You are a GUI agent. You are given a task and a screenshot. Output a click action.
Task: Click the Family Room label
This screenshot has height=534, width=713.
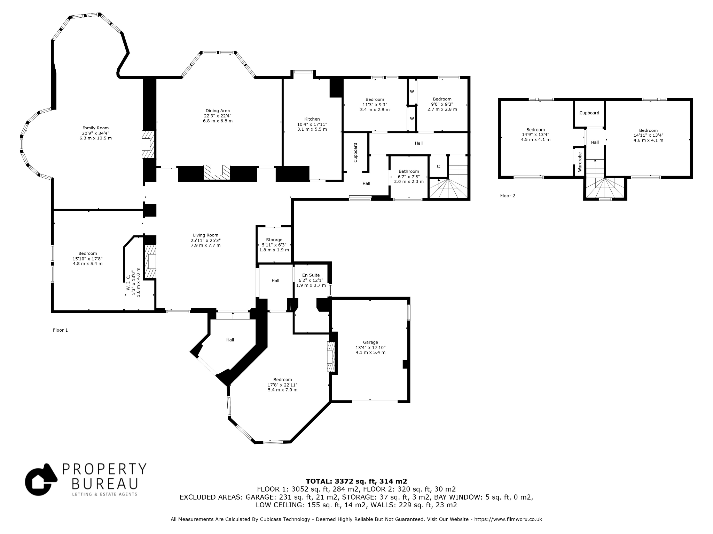95,128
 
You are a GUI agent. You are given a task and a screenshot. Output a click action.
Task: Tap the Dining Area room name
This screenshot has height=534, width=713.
218,111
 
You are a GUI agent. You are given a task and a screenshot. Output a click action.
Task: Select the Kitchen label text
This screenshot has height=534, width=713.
312,119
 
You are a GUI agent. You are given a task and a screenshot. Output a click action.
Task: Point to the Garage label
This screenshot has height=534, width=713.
370,342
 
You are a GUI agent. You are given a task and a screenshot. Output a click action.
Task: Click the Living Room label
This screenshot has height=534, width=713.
205,235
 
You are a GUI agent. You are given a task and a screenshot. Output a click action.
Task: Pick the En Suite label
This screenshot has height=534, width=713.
311,275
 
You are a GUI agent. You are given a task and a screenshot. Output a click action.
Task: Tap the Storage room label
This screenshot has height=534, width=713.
274,240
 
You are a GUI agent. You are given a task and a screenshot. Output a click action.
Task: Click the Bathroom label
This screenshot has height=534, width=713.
409,171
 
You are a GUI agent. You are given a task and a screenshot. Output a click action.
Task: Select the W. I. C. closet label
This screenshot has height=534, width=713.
128,283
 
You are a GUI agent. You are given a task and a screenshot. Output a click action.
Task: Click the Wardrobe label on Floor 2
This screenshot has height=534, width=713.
580,162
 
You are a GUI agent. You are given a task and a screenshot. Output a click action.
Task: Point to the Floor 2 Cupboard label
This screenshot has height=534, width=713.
589,113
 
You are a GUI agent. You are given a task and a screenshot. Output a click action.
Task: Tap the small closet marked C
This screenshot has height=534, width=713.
438,167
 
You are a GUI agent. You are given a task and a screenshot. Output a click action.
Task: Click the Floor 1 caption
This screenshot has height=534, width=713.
60,330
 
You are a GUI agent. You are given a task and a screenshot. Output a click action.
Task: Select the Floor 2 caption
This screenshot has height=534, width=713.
508,196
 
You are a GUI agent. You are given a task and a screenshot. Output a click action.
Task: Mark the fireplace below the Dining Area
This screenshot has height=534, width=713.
217,172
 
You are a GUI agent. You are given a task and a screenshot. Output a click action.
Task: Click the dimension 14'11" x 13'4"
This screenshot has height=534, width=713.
648,135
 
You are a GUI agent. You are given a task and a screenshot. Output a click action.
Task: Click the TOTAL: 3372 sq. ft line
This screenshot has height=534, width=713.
356,482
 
